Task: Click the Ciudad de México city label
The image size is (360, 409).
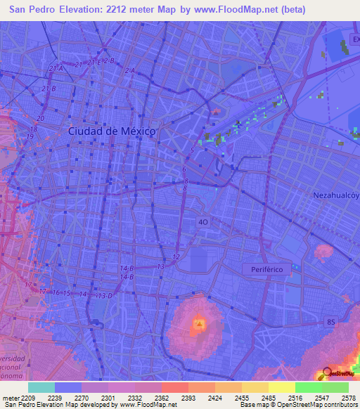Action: pos(112,131)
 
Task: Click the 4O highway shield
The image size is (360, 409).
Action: pos(202,221)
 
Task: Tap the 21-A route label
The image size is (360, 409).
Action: pos(57,68)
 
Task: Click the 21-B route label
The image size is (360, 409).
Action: pos(49,89)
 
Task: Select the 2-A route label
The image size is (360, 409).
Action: pos(130,71)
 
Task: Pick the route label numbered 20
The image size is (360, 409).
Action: pos(40,119)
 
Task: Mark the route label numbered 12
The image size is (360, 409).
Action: pos(176,258)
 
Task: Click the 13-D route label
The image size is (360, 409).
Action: pos(105,296)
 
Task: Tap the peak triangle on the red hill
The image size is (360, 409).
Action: pos(200,324)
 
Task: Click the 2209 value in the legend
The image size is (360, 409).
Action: pos(23,398)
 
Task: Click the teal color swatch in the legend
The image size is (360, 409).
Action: pos(41,387)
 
